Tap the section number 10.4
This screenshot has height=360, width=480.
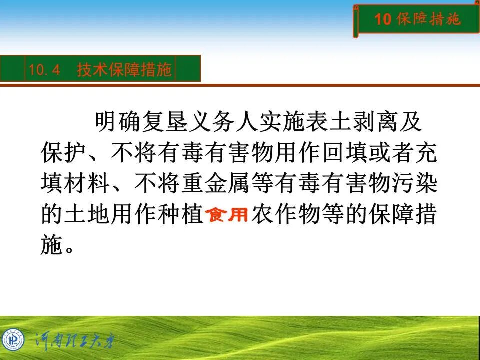coord(44,70)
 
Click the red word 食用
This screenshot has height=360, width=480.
coord(227,215)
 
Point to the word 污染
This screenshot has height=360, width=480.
coord(416,185)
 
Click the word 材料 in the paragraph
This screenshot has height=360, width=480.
coord(86,185)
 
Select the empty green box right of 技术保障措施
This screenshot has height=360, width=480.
coord(188,68)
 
